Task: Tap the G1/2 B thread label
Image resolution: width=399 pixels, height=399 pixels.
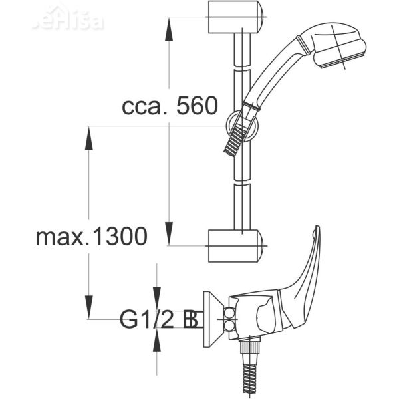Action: coord(159,319)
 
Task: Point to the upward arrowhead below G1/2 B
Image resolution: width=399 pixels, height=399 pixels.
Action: coord(157,339)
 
